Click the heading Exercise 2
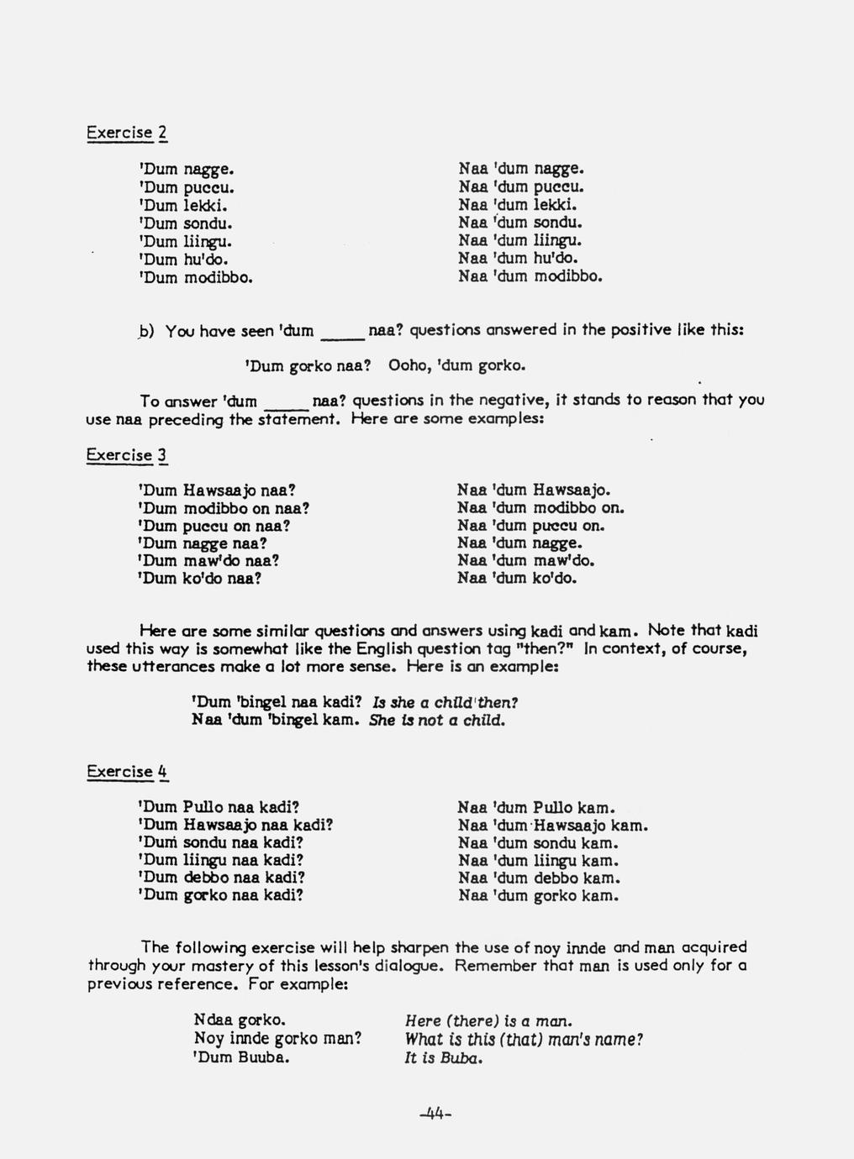(127, 133)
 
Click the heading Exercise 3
(127, 455)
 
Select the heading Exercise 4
(127, 772)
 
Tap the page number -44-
(435, 1114)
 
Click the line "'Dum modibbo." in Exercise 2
(195, 277)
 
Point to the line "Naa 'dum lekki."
(518, 205)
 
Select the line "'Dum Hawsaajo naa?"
(216, 490)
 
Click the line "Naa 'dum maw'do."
(525, 560)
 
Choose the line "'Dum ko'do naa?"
(199, 579)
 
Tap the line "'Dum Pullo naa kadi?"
(219, 807)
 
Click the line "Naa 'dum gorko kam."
(539, 896)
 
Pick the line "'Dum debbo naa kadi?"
(220, 878)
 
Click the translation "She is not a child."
(437, 721)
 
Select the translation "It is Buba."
(443, 1058)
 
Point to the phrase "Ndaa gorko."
(240, 1020)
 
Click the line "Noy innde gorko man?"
(277, 1039)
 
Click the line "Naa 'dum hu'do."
(518, 259)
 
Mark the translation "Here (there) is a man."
(488, 1021)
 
